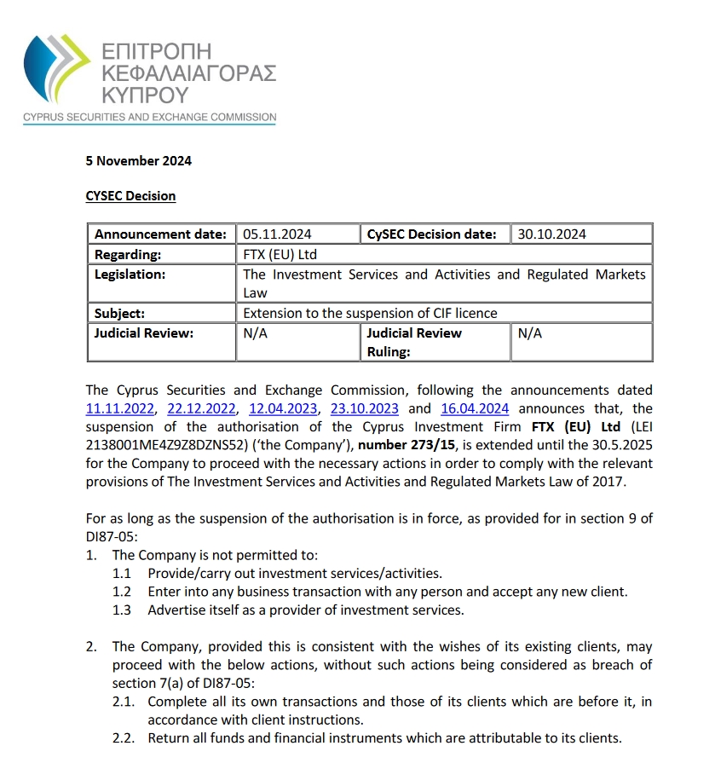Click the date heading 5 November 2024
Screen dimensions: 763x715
[x=138, y=160]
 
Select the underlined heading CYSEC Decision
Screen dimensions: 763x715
[x=130, y=196]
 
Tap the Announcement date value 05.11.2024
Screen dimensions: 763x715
[x=277, y=234]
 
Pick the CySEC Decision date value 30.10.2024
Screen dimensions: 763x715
[x=551, y=234]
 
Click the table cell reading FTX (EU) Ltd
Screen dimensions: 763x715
[x=280, y=254]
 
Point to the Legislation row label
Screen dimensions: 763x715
[x=130, y=275]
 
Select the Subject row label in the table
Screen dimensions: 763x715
[x=120, y=313]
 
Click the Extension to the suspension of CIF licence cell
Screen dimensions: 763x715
[x=370, y=313]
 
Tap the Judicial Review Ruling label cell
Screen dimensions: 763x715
[x=414, y=342]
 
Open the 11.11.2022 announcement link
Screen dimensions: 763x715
[x=120, y=409]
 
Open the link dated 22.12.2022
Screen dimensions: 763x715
[x=201, y=409]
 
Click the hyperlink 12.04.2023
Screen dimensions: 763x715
[x=283, y=409]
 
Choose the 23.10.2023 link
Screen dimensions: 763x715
[x=365, y=409]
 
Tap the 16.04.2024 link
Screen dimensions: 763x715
[x=475, y=409]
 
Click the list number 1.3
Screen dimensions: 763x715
[x=123, y=610]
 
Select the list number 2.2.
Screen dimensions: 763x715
[x=124, y=738]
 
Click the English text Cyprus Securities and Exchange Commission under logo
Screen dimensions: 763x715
[x=149, y=117]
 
